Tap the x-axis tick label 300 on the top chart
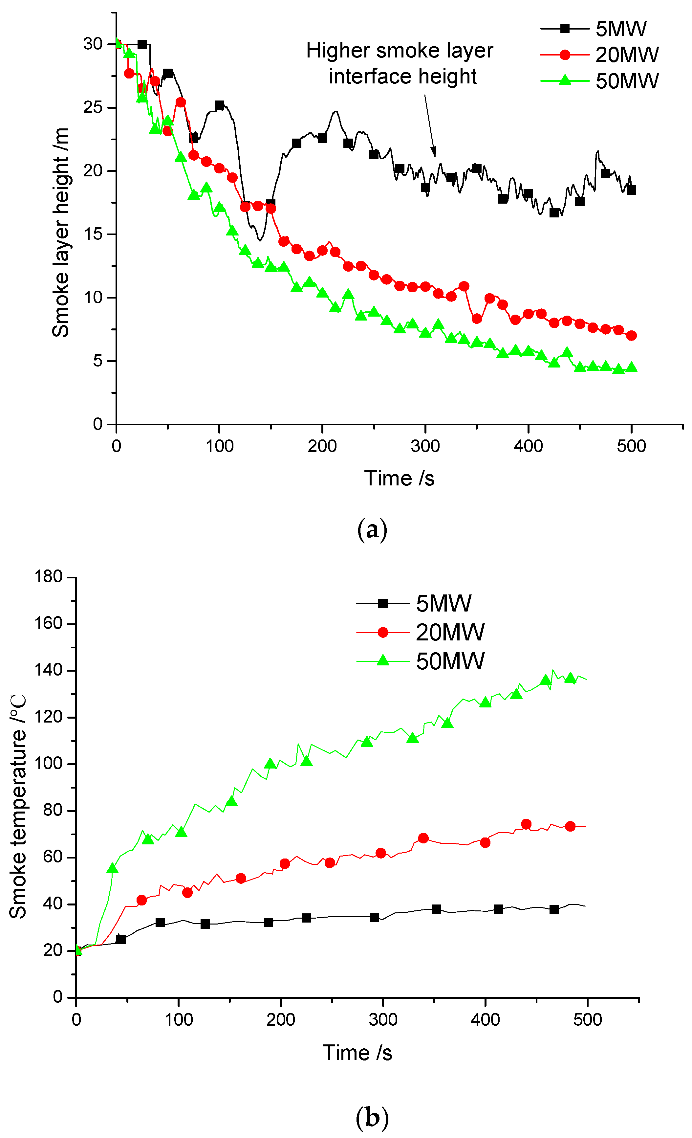(x=425, y=446)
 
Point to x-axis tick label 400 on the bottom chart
(x=485, y=1019)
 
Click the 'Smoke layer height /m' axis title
(x=60, y=233)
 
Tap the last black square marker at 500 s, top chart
(x=631, y=190)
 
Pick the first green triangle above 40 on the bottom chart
(x=112, y=869)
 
